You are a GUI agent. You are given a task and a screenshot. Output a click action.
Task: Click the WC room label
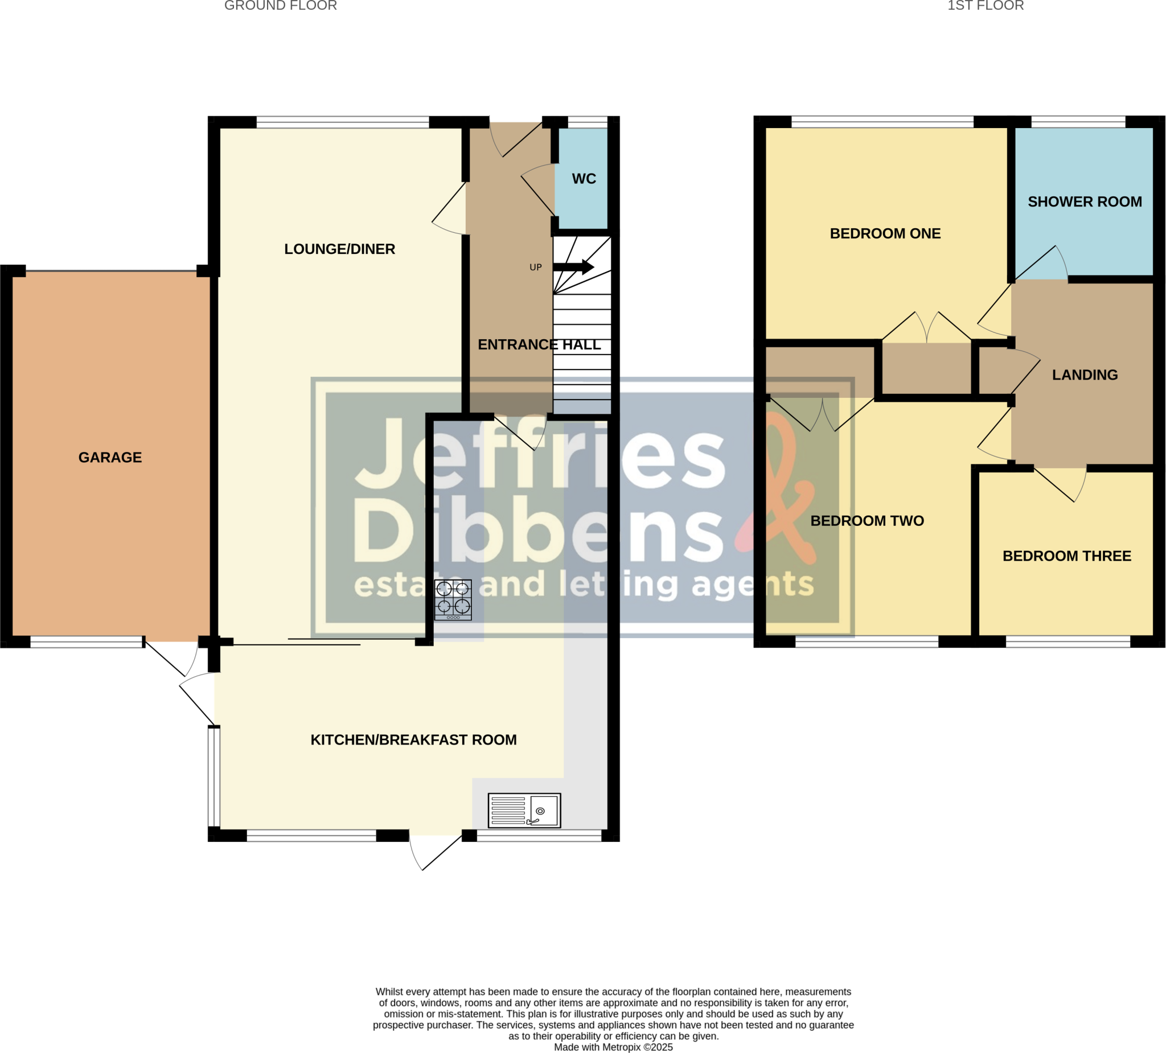click(x=584, y=179)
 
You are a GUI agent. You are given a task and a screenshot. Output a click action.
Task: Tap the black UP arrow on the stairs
click(x=573, y=266)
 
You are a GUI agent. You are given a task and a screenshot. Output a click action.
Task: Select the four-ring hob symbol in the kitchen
click(x=453, y=600)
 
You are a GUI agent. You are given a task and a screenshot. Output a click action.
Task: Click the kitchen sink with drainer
click(x=524, y=810)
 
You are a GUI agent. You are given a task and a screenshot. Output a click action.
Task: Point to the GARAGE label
click(x=110, y=458)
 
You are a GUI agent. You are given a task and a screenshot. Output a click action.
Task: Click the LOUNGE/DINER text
click(x=339, y=249)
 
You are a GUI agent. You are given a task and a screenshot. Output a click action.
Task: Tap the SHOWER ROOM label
click(x=1085, y=202)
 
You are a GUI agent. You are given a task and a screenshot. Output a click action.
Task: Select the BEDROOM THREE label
click(x=1066, y=556)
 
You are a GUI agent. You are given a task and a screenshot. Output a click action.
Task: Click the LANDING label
click(x=1085, y=375)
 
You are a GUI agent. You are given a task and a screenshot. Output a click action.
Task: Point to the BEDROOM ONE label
click(x=885, y=233)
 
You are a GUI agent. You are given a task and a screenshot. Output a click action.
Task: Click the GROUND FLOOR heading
click(x=281, y=6)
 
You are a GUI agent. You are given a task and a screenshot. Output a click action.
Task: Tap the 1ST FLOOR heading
click(x=986, y=6)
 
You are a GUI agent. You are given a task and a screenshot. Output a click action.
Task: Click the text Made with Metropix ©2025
click(x=613, y=1047)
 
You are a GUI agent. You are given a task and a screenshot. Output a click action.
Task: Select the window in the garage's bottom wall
click(x=86, y=641)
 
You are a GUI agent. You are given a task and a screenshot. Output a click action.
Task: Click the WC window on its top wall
click(x=587, y=121)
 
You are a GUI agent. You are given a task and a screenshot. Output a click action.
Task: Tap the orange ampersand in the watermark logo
click(x=781, y=492)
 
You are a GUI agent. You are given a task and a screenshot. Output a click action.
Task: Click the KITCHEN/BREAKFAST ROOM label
click(x=413, y=739)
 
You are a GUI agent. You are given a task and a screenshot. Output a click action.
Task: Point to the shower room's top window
click(x=1078, y=121)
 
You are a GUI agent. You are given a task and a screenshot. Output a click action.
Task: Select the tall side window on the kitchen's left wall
click(x=214, y=776)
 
